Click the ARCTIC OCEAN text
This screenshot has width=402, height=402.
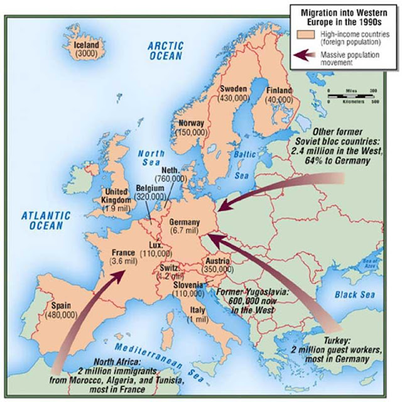coord(165,50)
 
